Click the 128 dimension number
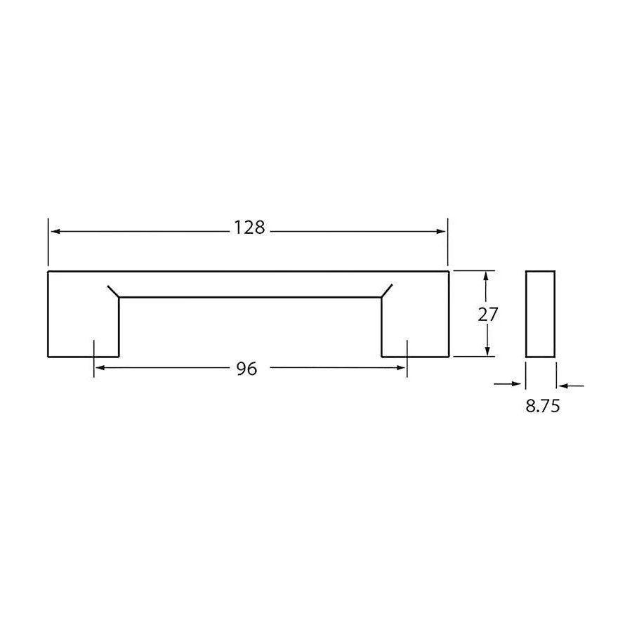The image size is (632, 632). [x=249, y=228]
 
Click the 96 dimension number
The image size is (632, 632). [x=246, y=369]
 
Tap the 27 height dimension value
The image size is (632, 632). [x=488, y=315]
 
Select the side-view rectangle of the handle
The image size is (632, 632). [x=540, y=314]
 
